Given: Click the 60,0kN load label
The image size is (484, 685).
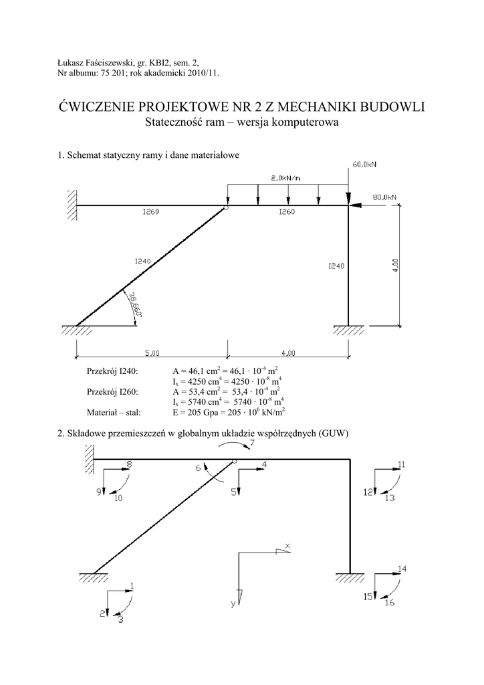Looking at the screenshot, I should pyautogui.click(x=365, y=164).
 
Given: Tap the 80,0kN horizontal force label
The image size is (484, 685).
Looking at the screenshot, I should pyautogui.click(x=384, y=197).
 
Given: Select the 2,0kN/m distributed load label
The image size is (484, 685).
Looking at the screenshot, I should pyautogui.click(x=285, y=177).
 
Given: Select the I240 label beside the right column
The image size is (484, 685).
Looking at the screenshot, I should pyautogui.click(x=336, y=266).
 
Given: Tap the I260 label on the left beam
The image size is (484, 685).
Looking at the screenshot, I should pyautogui.click(x=150, y=212).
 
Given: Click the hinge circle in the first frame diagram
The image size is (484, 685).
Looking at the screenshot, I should pyautogui.click(x=227, y=208).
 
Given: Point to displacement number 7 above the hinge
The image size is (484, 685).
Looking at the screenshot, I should pyautogui.click(x=252, y=443).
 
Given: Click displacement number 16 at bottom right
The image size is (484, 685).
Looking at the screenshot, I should pyautogui.click(x=390, y=603).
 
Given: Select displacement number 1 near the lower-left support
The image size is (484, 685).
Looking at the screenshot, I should pyautogui.click(x=132, y=586).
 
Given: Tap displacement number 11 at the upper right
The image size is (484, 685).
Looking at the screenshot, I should pyautogui.click(x=401, y=464).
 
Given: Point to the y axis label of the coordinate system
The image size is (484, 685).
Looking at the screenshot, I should pyautogui.click(x=233, y=604).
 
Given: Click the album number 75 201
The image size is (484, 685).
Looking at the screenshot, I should pyautogui.click(x=109, y=74).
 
